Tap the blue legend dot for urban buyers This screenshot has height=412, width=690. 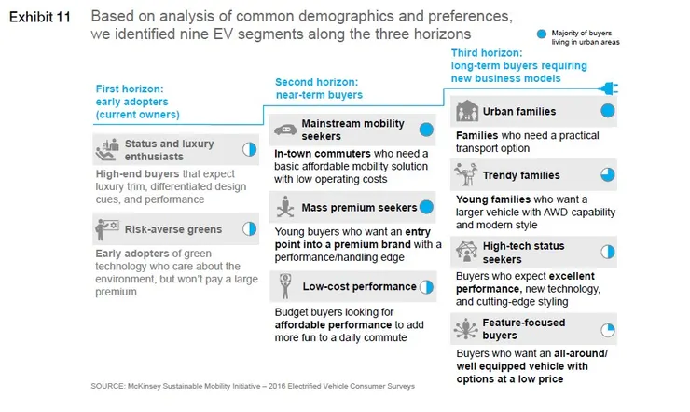tap(541, 34)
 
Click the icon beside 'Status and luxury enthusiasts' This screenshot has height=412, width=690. tap(108, 148)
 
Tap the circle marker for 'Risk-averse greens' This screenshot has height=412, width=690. tap(249, 228)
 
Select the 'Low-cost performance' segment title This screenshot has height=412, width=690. tap(359, 286)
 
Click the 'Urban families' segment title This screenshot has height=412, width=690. tap(518, 112)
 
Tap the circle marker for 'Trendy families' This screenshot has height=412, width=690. tap(607, 174)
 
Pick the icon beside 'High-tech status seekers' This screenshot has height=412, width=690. tap(465, 251)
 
